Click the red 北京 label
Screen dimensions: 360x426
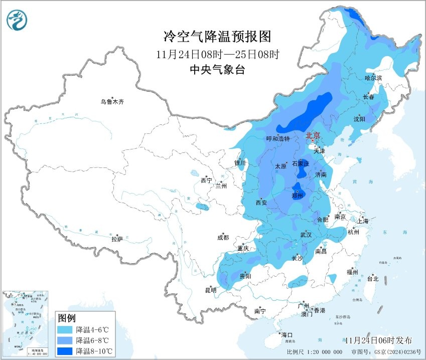coord(313,135)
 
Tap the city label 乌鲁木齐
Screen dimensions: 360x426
coord(111,102)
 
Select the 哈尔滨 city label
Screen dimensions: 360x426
coord(373,78)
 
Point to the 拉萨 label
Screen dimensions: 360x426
coord(117,239)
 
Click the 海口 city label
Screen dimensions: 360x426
coord(286,335)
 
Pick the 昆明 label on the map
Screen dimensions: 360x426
coord(210,290)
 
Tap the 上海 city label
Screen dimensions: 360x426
coord(363,221)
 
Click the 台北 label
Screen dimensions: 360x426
coord(372,279)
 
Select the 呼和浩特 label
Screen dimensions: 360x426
coord(277,139)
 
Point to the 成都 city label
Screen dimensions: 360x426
coord(223,238)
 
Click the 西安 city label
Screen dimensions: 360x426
coord(261,203)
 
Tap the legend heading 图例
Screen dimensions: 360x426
coord(67,318)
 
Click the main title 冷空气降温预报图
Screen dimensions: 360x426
coord(217,36)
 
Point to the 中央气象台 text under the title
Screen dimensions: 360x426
coord(217,70)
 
